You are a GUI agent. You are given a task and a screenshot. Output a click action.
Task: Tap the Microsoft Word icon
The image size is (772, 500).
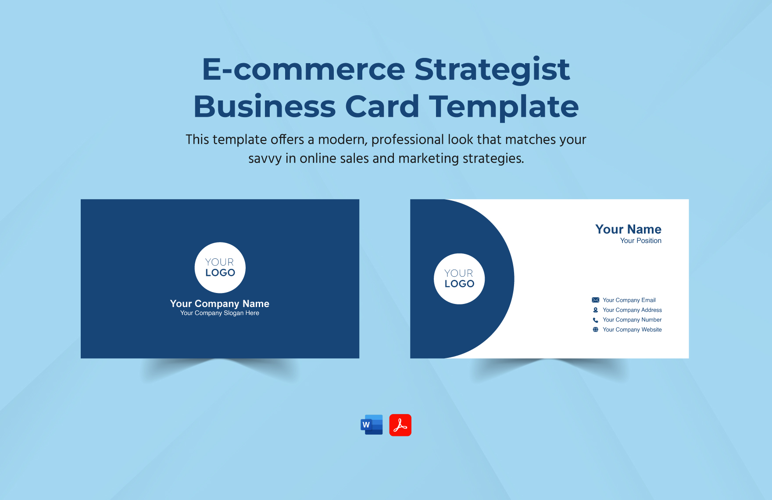(372, 425)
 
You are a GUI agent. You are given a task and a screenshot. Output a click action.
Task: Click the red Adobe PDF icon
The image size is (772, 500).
(400, 425)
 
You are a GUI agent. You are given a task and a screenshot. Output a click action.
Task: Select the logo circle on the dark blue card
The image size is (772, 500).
(220, 268)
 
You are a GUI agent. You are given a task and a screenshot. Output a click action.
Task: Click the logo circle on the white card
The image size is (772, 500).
(459, 279)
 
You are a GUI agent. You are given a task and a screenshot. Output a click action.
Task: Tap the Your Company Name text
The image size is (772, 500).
(220, 304)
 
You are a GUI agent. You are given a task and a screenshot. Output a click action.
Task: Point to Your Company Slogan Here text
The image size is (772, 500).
(220, 313)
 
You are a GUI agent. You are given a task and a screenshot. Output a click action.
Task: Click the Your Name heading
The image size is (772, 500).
(628, 229)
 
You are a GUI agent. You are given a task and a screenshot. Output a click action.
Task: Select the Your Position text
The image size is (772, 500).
(640, 241)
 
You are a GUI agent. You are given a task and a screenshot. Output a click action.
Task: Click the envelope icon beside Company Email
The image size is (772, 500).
(595, 300)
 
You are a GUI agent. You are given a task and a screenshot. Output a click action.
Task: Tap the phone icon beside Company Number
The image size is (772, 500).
(595, 320)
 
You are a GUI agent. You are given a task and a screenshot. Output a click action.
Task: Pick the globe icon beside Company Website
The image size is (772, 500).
(595, 330)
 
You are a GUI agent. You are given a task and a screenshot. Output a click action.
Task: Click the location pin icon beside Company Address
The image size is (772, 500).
(595, 310)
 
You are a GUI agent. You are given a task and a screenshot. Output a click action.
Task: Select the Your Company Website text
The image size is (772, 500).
(632, 330)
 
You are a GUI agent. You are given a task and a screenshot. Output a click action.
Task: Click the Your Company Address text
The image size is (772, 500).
(632, 310)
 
